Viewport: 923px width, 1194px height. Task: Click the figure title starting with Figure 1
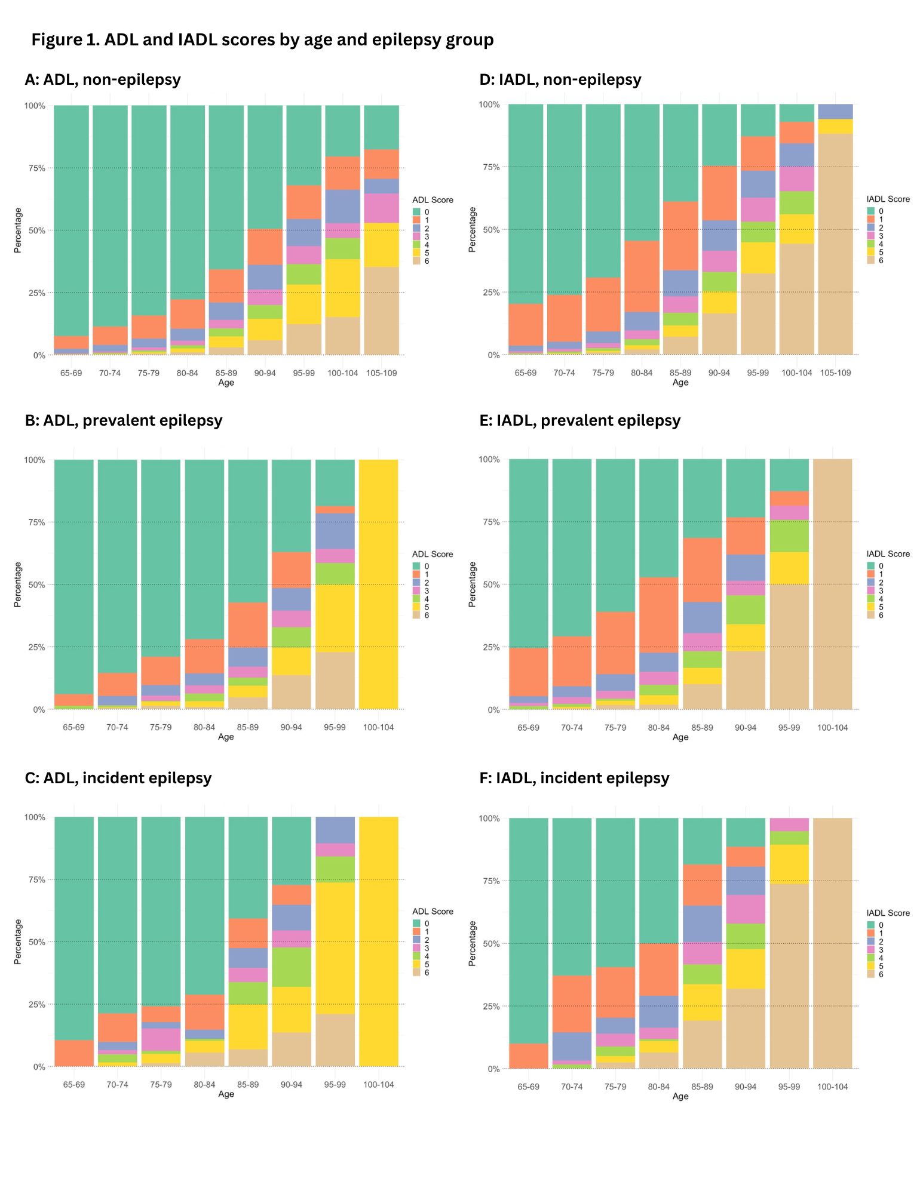click(262, 40)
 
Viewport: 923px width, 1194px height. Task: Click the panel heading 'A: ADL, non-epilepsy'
click(103, 79)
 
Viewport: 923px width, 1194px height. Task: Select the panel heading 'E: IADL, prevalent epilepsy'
click(579, 420)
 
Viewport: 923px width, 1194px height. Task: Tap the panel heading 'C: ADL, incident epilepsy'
click(118, 778)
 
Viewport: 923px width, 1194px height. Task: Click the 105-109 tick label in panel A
click(381, 373)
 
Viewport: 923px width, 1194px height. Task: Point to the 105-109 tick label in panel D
click(835, 373)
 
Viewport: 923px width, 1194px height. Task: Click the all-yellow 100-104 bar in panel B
click(378, 584)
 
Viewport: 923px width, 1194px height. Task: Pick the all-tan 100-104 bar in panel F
click(832, 943)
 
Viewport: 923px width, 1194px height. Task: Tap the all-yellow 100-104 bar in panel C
click(378, 941)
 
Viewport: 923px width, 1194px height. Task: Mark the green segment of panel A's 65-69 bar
click(71, 221)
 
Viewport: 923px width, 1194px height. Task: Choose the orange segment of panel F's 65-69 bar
click(528, 1056)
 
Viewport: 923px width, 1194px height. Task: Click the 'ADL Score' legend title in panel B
click(433, 554)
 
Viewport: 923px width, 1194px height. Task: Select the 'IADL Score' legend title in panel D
click(888, 199)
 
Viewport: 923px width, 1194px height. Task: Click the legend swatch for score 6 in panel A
click(416, 261)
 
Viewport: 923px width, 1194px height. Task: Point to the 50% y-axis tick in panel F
click(491, 943)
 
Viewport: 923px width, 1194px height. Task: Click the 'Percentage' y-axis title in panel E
click(472, 584)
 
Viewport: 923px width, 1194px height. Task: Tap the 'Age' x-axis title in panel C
click(226, 1094)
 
